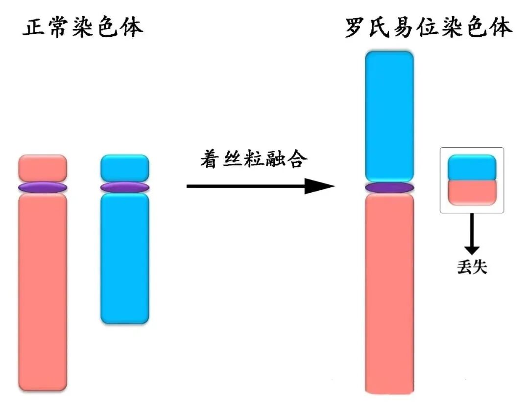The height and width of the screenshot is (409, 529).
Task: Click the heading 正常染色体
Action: (x=83, y=28)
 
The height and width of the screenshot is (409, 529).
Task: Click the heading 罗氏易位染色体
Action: (x=428, y=28)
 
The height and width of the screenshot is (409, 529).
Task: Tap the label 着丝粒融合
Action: (x=254, y=160)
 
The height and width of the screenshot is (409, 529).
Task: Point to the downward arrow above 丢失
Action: (x=472, y=233)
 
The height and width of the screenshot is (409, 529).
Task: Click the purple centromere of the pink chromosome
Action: (x=43, y=187)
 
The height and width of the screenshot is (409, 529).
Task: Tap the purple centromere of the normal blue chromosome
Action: (x=124, y=187)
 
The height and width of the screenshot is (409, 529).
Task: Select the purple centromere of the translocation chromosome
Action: (x=389, y=187)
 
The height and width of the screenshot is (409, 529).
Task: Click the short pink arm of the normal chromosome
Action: (x=43, y=168)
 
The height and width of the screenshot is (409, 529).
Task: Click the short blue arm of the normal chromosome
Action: (x=124, y=168)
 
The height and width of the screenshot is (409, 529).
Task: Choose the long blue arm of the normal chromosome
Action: (x=124, y=258)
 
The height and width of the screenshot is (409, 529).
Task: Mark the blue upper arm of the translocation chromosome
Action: (x=389, y=116)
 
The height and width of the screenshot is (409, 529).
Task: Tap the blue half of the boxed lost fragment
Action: (x=472, y=167)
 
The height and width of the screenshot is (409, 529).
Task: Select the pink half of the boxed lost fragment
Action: (x=472, y=192)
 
